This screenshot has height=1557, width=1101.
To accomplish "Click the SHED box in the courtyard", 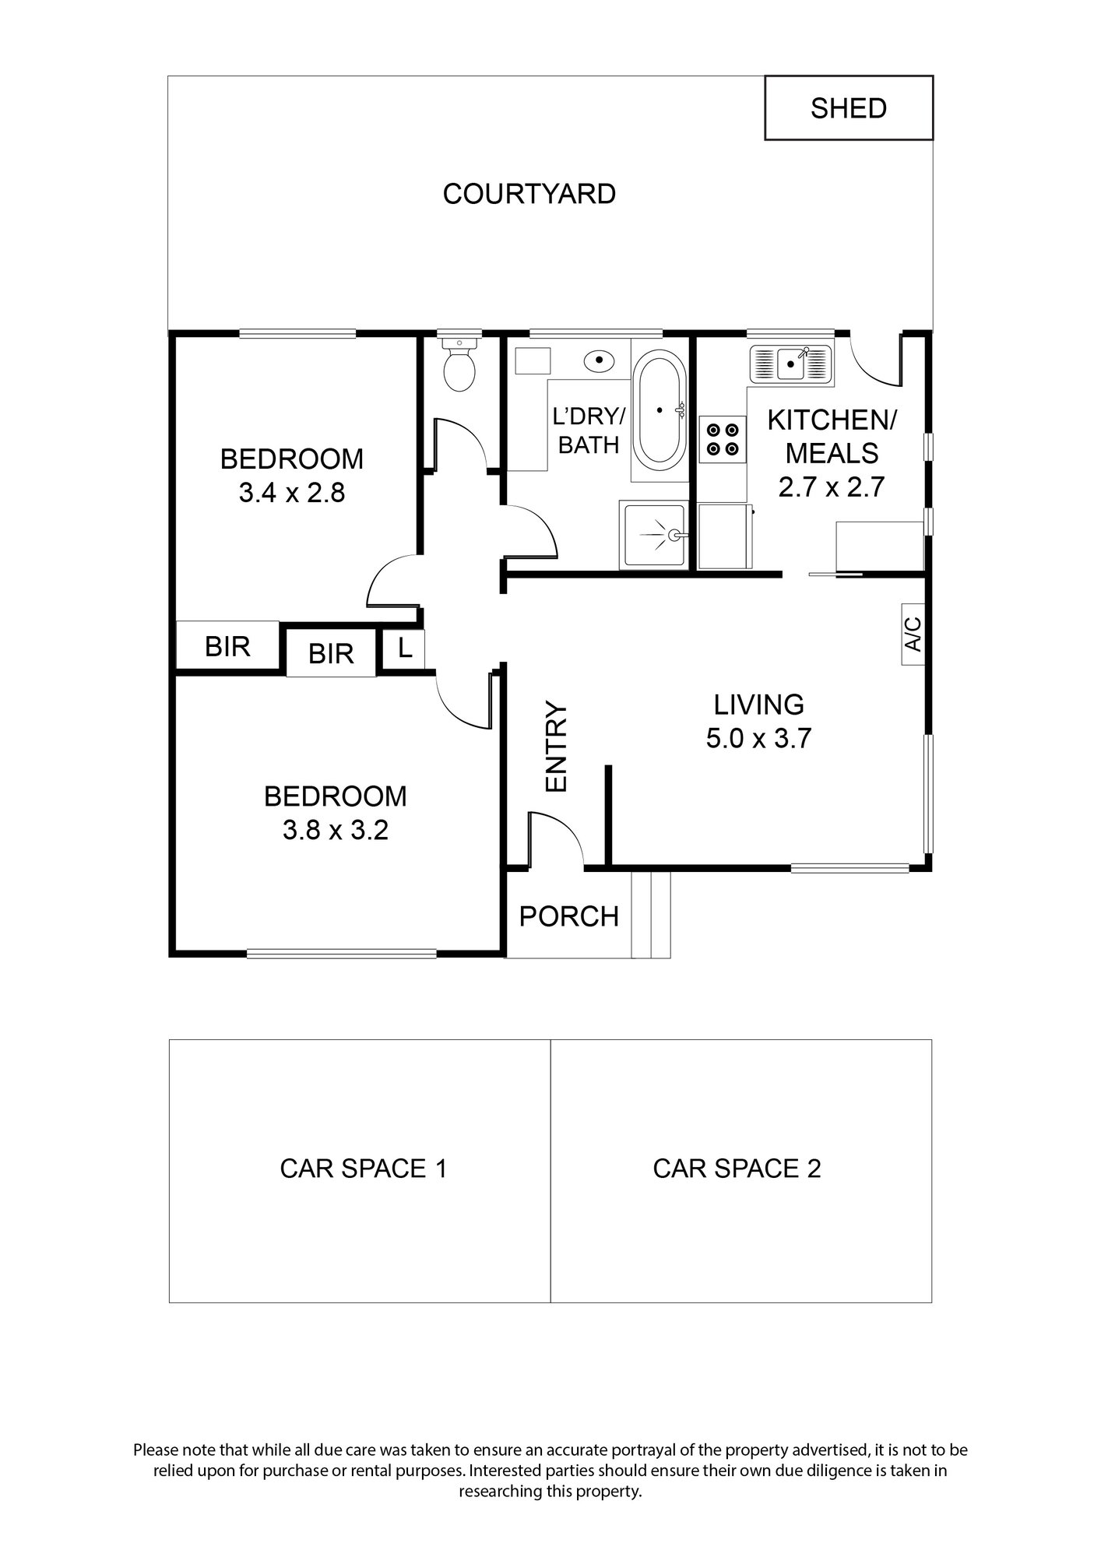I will click(848, 108).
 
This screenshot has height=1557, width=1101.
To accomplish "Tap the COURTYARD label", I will click(529, 194).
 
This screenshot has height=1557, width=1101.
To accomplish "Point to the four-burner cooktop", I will click(723, 438).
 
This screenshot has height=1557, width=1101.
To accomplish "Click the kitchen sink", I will click(791, 363).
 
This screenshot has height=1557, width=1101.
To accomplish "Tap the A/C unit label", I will click(913, 634).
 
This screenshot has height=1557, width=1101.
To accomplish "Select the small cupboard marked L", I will click(404, 648).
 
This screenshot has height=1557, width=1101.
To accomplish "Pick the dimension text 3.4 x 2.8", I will click(291, 493).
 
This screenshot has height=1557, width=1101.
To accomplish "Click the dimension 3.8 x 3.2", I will click(335, 831).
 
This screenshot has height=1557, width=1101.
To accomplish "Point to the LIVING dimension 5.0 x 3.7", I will click(758, 738).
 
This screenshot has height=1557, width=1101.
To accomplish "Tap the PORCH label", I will click(568, 917).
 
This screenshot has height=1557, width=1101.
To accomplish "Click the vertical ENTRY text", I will click(557, 747).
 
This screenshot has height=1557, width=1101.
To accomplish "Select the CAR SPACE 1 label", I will click(363, 1169).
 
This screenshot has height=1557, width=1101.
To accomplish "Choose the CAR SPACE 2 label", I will click(737, 1169).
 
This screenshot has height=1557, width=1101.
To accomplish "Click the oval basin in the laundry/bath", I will click(599, 360).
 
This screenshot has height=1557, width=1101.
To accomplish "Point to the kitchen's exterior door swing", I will click(874, 360).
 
